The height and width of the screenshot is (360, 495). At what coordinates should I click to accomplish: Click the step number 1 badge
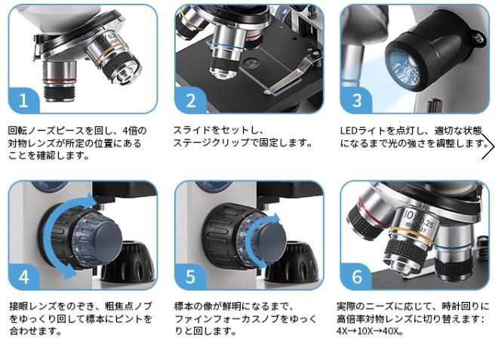pyautogui.click(x=23, y=100)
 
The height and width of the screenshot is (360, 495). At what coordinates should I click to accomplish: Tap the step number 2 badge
pyautogui.click(x=190, y=100)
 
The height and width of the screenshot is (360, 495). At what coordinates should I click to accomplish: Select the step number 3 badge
pyautogui.click(x=356, y=100)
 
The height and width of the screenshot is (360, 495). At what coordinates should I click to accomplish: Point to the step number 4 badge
pyautogui.click(x=23, y=277)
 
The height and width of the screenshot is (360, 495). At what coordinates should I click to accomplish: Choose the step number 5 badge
pyautogui.click(x=190, y=277)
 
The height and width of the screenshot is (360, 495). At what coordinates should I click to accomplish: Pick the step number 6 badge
pyautogui.click(x=356, y=277)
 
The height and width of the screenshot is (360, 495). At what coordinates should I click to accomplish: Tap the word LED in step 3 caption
pyautogui.click(x=348, y=131)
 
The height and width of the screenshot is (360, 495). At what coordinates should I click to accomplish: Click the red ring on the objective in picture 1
pyautogui.click(x=60, y=80)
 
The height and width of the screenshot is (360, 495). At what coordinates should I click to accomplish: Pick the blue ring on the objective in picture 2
pyautogui.click(x=227, y=48)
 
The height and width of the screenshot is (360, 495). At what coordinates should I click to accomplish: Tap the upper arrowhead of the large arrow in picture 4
pyautogui.click(x=92, y=199)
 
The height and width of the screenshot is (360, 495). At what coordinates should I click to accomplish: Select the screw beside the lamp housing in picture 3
pyautogui.click(x=479, y=38)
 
